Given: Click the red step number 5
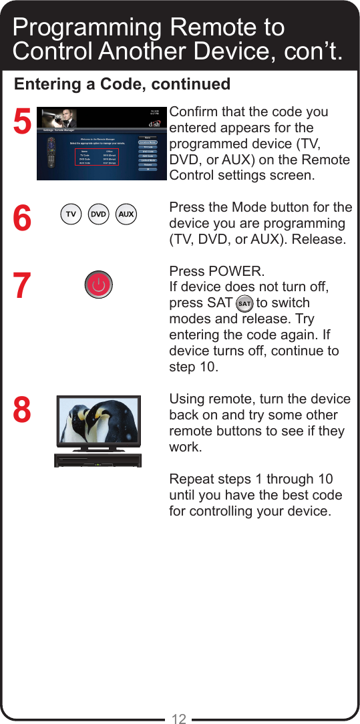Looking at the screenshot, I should coord(22,123).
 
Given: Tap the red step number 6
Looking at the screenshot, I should coord(22,218).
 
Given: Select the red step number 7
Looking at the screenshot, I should coord(22,287).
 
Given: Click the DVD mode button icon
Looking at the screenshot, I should coord(99,214).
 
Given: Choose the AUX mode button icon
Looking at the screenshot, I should coord(126,214).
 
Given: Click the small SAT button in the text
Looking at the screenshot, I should coord(244,303).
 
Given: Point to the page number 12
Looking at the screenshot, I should coord(178,719).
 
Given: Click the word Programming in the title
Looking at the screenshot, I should coord(87,28).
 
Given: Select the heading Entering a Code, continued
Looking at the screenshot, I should coord(122,84).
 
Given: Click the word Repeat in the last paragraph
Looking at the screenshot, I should coord(192,479).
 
